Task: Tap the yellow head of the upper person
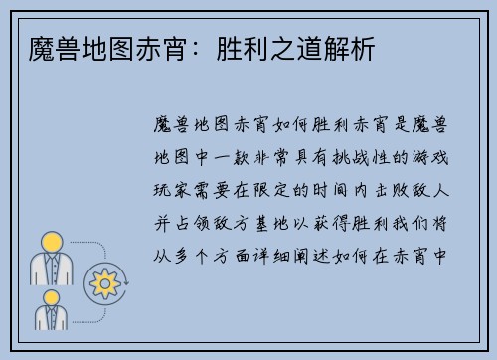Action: pyautogui.click(x=51, y=241)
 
